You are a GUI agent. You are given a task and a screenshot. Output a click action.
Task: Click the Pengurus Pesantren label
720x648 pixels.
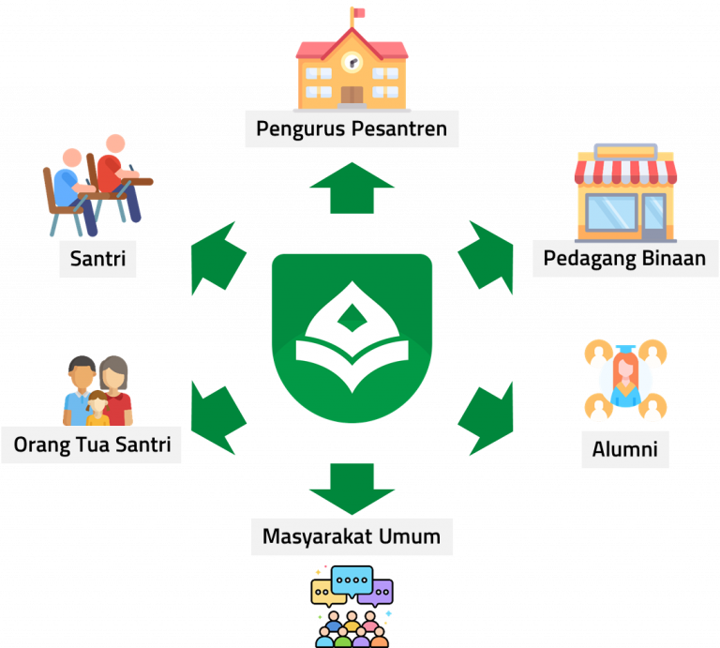tap(352, 128)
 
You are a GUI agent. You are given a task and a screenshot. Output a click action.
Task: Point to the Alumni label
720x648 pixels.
tap(625, 449)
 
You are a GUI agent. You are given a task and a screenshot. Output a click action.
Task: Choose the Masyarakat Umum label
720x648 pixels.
tap(352, 537)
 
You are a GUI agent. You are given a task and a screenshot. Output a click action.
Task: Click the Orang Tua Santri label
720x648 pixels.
tap(92, 444)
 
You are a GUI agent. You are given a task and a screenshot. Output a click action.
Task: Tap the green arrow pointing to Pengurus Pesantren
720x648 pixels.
tap(352, 188)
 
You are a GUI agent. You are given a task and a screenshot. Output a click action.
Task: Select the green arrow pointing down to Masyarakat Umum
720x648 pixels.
tap(352, 487)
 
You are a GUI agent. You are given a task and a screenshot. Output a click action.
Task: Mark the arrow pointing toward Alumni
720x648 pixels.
tap(487, 414)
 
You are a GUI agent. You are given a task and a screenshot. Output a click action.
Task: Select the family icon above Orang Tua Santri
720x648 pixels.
tap(98, 391)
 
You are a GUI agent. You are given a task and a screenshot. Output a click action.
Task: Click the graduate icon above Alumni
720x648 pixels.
tap(624, 380)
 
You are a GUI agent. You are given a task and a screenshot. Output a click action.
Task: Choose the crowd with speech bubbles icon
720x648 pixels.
tap(352, 606)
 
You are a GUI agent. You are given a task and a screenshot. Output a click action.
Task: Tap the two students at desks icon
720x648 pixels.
tap(96, 185)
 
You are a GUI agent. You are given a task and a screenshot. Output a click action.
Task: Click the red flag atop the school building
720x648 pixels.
tap(359, 13)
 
